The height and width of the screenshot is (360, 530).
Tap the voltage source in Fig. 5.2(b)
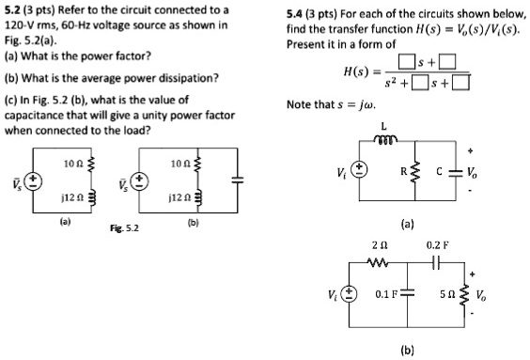coord(139,179)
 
